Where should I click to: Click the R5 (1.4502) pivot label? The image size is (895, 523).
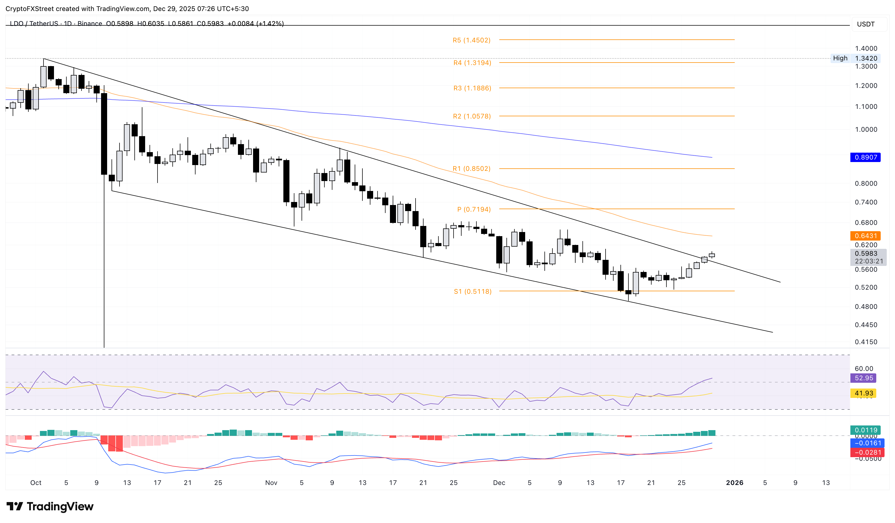click(471, 40)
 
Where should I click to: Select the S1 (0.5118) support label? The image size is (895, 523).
click(472, 291)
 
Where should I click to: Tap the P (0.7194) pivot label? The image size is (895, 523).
click(474, 209)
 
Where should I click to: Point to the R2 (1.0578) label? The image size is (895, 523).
click(472, 116)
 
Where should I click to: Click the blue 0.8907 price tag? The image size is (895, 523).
click(865, 157)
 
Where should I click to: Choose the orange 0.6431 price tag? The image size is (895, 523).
click(865, 236)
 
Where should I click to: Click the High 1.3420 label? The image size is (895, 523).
click(855, 58)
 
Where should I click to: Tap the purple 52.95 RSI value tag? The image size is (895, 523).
click(863, 378)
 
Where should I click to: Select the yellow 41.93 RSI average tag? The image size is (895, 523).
click(863, 393)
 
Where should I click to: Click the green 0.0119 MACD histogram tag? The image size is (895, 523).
click(865, 430)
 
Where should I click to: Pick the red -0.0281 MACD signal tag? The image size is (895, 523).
click(865, 452)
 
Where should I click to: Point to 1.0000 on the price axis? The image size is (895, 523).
click(866, 129)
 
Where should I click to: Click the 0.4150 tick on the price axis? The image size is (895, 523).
click(866, 342)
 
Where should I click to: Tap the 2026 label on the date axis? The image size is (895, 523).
click(734, 482)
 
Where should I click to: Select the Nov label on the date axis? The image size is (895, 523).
click(271, 482)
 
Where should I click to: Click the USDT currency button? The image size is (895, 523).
click(866, 24)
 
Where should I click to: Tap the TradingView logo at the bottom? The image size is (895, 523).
click(50, 506)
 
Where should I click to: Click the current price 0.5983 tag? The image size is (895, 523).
click(866, 253)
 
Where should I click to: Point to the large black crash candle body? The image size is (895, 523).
click(104, 134)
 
